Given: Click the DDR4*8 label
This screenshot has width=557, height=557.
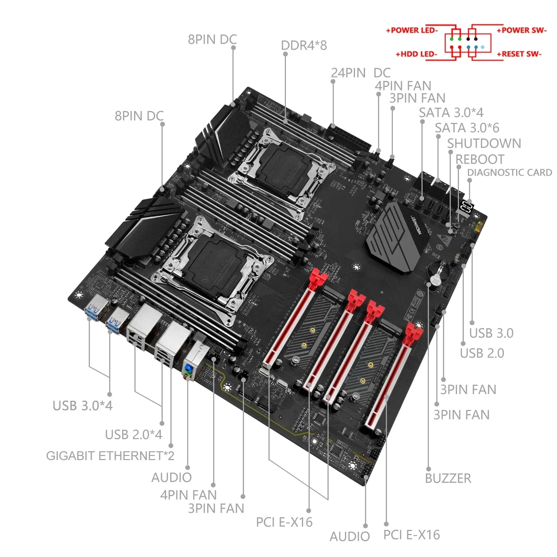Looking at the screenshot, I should tap(304, 45).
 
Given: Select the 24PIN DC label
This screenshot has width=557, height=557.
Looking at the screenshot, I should tap(361, 73).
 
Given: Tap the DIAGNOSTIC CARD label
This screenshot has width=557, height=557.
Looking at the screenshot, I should tap(509, 173).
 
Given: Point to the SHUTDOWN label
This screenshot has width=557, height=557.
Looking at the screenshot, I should tap(484, 143).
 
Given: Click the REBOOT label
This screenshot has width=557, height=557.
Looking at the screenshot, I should tap(480, 159).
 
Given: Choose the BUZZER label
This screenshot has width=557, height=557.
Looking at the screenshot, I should tap(448, 478).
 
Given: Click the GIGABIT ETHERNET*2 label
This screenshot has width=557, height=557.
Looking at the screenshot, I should tap(110, 456).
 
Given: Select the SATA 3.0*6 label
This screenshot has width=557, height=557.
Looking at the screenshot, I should tap(467, 128).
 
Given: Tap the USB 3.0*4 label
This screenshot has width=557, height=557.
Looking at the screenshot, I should tap(82, 405).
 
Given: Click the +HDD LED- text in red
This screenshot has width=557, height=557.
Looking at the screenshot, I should tap(416, 54).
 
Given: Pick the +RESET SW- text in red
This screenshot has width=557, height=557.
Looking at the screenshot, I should tap(519, 54).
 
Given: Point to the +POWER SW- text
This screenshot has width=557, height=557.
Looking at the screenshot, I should tap(522, 30).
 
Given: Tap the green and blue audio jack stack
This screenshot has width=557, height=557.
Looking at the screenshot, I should tap(188, 371).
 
